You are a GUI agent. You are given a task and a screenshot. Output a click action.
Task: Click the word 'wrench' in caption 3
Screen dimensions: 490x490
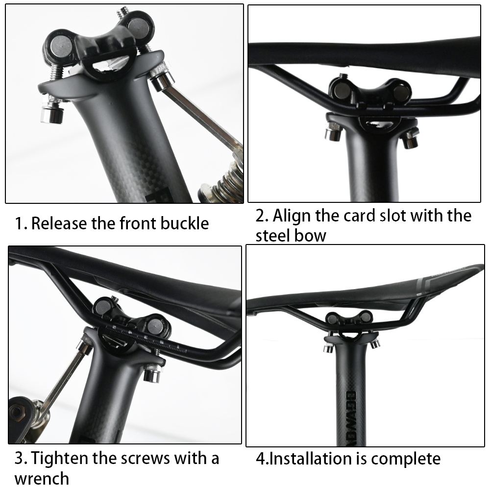(x=42, y=479)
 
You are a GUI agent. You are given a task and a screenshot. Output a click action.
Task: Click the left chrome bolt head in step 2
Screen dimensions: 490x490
(x=333, y=133)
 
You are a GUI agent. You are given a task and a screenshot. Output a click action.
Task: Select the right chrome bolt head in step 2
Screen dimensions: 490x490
(x=409, y=140)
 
